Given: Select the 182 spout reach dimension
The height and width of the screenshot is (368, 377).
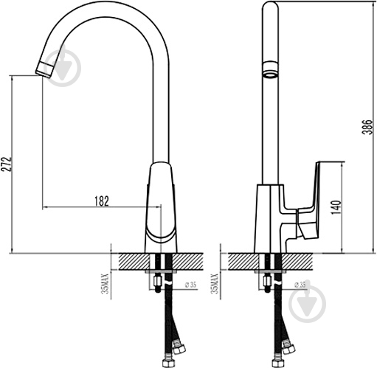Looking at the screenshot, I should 102,201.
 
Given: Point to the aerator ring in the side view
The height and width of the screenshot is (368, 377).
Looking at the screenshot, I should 270,74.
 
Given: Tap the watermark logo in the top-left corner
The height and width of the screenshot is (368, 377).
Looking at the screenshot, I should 72,62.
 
